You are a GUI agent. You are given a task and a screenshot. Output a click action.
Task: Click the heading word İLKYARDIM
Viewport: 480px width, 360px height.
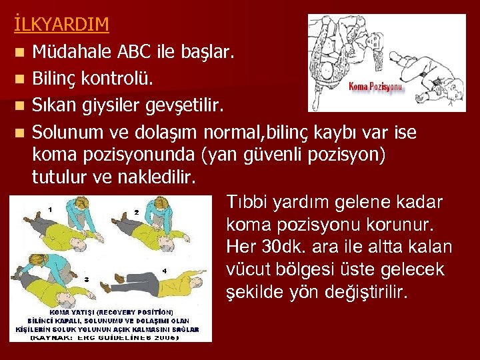pos(61,25)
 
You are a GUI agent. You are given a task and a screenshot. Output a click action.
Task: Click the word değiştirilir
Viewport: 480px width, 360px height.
pos(371,293)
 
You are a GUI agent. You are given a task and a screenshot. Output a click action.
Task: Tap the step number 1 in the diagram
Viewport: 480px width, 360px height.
pos(51,209)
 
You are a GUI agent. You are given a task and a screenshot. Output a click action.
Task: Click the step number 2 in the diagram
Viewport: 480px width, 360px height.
pos(136,211)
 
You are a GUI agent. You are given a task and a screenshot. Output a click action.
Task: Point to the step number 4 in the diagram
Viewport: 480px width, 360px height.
pos(164,271)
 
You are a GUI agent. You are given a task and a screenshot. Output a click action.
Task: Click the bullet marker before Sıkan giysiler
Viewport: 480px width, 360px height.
pos(23,107)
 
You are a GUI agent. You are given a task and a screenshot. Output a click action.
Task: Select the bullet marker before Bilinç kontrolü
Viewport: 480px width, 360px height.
pos(23,79)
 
